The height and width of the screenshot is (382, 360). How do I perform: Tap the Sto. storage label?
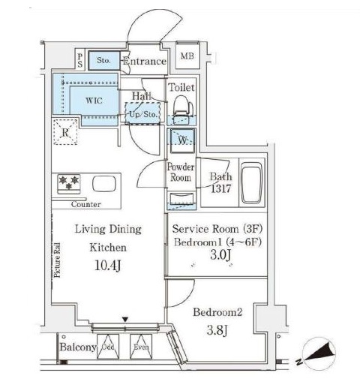(103, 61)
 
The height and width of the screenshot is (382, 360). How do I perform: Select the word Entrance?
(144, 62)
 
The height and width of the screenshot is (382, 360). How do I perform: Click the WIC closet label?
(94, 100)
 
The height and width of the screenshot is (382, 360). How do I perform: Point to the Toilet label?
(181, 88)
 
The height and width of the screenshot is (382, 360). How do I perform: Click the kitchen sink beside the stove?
(102, 184)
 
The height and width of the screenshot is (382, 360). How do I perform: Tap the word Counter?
(85, 204)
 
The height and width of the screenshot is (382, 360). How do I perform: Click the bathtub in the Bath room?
(251, 183)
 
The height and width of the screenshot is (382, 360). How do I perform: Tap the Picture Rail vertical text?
(58, 257)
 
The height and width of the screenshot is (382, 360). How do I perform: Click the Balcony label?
(76, 347)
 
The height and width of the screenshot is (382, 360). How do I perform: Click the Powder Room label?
(181, 172)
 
